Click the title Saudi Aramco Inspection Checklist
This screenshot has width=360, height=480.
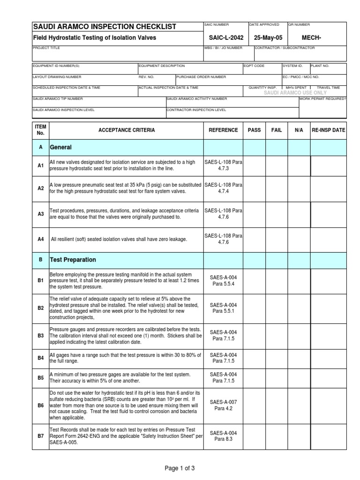point(104,27)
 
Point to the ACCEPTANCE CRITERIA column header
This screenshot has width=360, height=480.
point(126,130)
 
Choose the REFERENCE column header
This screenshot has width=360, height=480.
point(223,130)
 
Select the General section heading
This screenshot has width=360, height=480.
point(60,147)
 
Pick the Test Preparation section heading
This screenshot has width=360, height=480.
point(73,260)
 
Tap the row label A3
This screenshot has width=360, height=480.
point(41,214)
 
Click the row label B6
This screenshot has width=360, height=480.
point(41,405)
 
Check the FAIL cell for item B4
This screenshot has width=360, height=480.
point(277,358)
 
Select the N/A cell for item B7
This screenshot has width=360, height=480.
point(299,436)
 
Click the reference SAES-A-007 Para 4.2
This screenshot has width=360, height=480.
point(223,405)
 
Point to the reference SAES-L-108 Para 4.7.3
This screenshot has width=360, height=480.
point(223,165)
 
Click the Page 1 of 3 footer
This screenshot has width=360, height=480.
point(180,468)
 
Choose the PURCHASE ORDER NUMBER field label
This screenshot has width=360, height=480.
point(202,77)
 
